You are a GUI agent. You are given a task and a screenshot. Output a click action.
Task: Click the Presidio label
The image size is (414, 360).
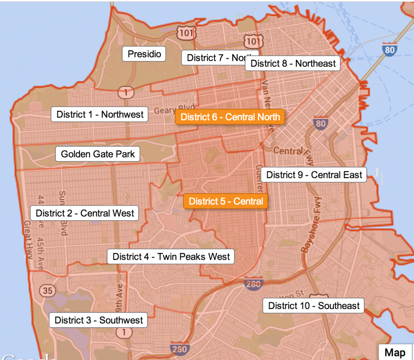point(144,54)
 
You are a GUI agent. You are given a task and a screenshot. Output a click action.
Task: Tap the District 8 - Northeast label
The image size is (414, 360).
point(293,63)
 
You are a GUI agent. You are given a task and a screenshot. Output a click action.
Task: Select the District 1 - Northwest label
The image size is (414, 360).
point(100,114)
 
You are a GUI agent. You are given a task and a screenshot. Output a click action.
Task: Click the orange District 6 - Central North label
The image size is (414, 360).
point(230,117)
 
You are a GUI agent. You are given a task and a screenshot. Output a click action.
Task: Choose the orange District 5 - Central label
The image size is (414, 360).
point(226,201)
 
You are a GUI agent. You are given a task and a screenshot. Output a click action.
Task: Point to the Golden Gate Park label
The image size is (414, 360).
point(97,154)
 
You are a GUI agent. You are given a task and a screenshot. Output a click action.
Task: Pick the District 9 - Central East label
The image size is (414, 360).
point(314,175)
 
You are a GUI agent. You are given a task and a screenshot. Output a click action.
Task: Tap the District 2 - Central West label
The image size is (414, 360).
point(84,213)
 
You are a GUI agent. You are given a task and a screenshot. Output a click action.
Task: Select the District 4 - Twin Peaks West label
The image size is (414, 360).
point(171,256)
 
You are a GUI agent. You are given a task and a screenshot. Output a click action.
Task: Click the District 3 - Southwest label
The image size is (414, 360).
point(99,320)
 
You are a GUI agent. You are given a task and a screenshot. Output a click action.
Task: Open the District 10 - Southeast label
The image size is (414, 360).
point(314,305)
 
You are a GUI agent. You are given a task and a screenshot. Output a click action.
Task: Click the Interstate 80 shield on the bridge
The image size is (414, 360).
point(389,49)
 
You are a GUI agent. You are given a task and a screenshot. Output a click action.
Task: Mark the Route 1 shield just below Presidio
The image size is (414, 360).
point(126,93)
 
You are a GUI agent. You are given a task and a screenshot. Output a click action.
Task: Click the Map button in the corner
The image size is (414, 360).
point(395,352)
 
